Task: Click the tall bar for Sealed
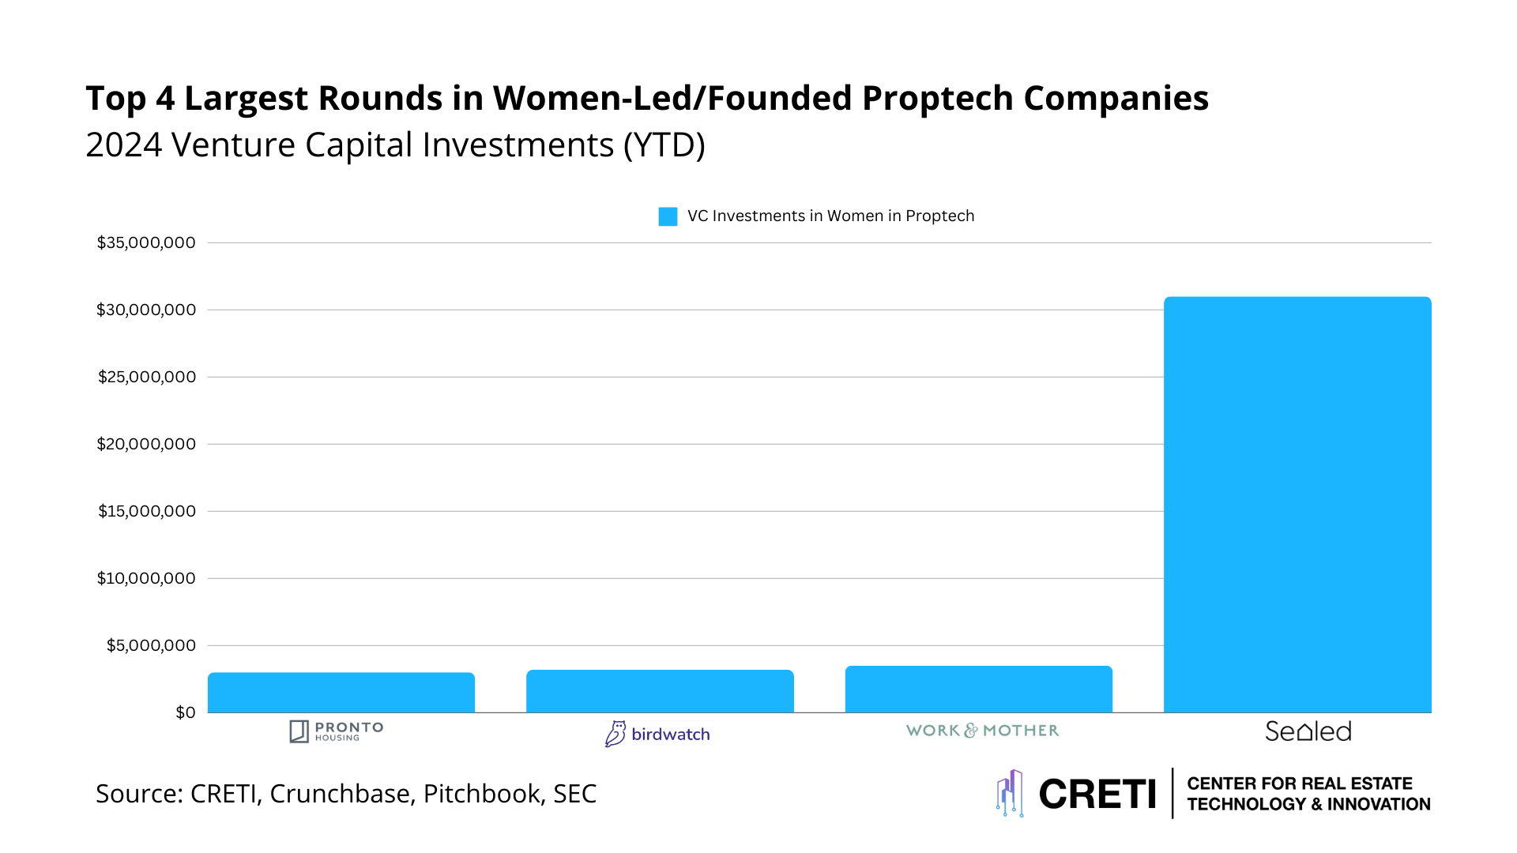coord(1297,505)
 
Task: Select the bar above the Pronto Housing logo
coord(341,693)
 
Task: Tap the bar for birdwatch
coord(660,691)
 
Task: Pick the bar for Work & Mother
coord(978,690)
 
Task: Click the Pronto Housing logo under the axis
coord(337,731)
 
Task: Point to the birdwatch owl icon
coord(615,734)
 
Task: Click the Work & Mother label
coord(982,731)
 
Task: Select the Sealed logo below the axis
coord(1308,731)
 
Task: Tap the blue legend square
coord(668,216)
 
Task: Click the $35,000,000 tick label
coord(146,242)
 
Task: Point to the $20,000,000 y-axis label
coord(146,444)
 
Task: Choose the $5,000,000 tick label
coord(151,645)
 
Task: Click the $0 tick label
coord(186,712)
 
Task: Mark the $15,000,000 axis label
coord(147,511)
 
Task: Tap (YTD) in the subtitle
coord(664,145)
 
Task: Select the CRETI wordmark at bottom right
coord(1097,794)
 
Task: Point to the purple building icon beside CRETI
coord(1010,792)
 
